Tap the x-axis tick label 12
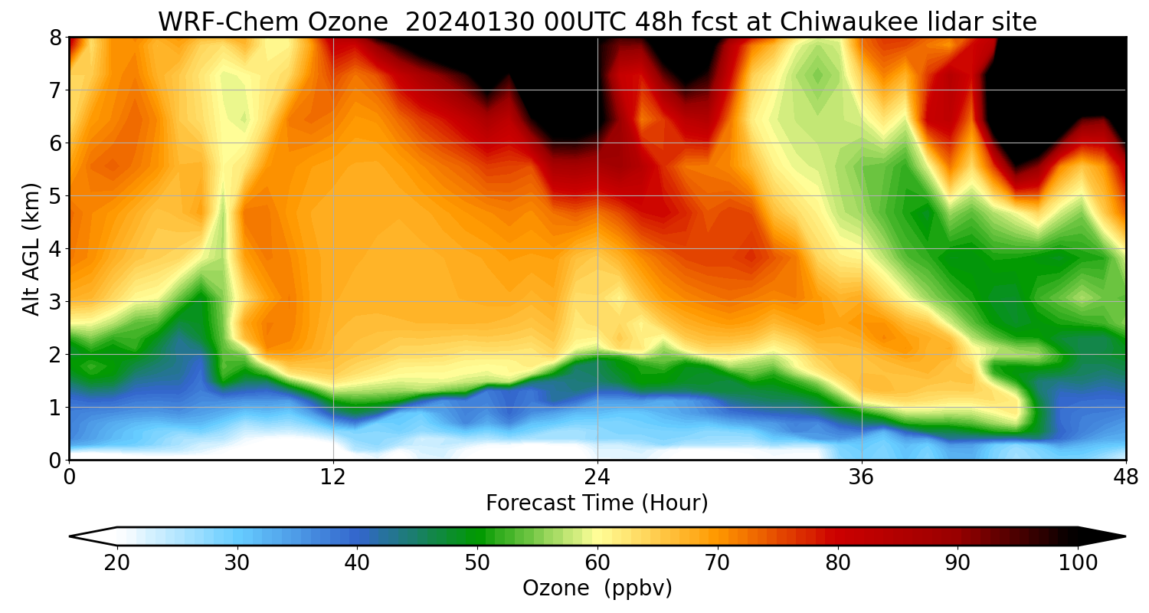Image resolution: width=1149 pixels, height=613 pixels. [333, 477]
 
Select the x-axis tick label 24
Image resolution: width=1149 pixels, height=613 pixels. [597, 477]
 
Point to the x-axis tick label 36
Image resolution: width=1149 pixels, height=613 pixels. [862, 477]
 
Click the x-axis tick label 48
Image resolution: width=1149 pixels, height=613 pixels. [1125, 477]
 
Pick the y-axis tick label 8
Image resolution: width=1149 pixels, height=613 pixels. [55, 38]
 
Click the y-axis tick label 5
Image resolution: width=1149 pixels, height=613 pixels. [55, 196]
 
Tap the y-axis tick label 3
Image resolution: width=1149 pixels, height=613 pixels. [55, 302]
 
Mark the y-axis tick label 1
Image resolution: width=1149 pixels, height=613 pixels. [55, 408]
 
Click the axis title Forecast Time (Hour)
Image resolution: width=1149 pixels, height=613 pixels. [597, 503]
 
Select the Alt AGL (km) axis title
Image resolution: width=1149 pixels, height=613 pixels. [31, 248]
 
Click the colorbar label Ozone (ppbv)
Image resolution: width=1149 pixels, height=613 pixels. [597, 588]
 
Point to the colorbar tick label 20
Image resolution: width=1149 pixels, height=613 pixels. [116, 563]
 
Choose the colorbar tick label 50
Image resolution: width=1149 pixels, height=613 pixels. [477, 563]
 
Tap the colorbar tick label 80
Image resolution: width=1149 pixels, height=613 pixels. [837, 563]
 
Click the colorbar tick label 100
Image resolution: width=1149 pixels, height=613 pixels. [1078, 563]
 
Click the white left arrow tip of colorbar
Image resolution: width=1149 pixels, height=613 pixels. [84, 536]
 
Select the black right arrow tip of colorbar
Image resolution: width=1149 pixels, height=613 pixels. [1111, 536]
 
